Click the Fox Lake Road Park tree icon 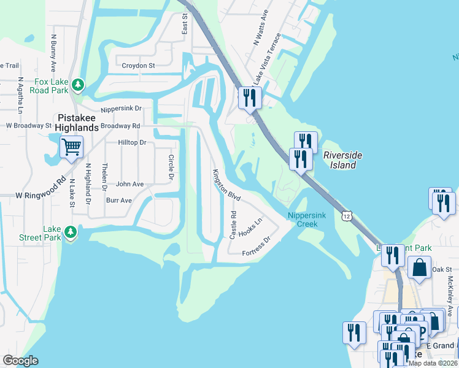pyautogui.click(x=78, y=84)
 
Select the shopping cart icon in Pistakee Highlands pyautogui.click(x=71, y=147)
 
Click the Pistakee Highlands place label pyautogui.click(x=77, y=123)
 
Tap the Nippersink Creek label pyautogui.click(x=303, y=220)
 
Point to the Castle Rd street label pyautogui.click(x=233, y=225)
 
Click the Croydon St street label pyautogui.click(x=138, y=65)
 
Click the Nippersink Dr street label pyautogui.click(x=121, y=109)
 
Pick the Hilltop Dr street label pyautogui.click(x=131, y=142)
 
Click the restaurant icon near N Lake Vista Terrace pyautogui.click(x=250, y=98)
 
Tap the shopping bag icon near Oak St pyautogui.click(x=419, y=269)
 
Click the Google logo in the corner pyautogui.click(x=20, y=361)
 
